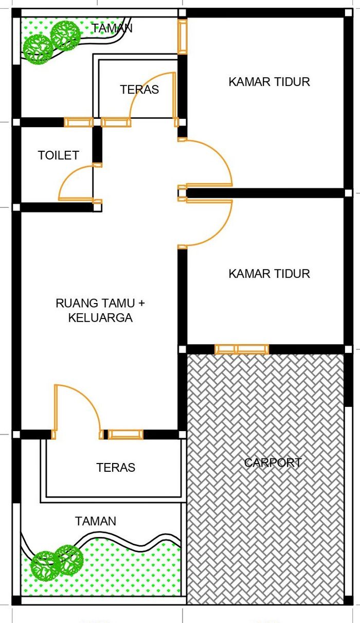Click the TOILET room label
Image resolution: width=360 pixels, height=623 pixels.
[x=59, y=155]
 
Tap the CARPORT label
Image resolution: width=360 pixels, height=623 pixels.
[x=273, y=463]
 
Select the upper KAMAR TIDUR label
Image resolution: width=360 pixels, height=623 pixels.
[x=269, y=82]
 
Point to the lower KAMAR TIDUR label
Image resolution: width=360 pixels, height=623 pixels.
[x=269, y=274]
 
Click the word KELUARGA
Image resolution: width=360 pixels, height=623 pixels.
[x=100, y=317]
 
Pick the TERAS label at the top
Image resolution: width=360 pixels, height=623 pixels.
[x=139, y=90]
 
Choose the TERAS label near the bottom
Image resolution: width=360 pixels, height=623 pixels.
[x=116, y=467]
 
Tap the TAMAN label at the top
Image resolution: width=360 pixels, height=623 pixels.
[x=112, y=28]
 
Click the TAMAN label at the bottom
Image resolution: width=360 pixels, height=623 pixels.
[x=95, y=521]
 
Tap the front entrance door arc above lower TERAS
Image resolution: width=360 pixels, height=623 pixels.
[x=87, y=398]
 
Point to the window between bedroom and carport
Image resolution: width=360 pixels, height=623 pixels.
[x=242, y=349]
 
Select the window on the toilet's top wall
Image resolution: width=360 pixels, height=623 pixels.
[x=79, y=122]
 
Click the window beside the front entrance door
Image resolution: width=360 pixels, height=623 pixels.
[x=125, y=434]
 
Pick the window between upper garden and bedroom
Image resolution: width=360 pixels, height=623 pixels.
[x=182, y=37]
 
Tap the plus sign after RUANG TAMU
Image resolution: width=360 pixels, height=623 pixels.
[x=141, y=303]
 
